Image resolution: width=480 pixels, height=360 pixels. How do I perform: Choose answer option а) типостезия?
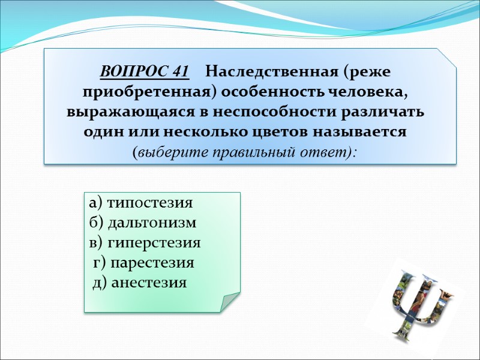140,203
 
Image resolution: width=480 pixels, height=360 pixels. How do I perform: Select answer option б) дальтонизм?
142,223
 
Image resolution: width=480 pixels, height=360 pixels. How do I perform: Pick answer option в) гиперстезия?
144,243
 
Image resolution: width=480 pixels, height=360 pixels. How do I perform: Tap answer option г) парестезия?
144,263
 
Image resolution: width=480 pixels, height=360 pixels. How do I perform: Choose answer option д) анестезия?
140,283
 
